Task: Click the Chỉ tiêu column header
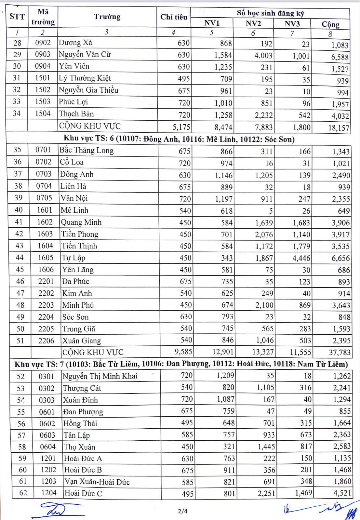coord(174,17)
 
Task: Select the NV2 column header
coord(253,23)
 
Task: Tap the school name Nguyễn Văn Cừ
coord(85,54)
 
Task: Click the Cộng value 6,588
coord(340,57)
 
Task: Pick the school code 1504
coord(43,113)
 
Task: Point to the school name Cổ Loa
coord(72,162)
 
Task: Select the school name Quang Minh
coord(81,222)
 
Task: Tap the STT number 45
coord(20,270)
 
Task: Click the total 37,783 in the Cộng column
coord(339,353)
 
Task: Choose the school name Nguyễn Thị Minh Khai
coord(100,376)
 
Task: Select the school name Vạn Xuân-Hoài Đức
coord(97,482)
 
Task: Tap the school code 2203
coord(46,305)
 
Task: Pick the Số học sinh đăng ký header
coord(270,13)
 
